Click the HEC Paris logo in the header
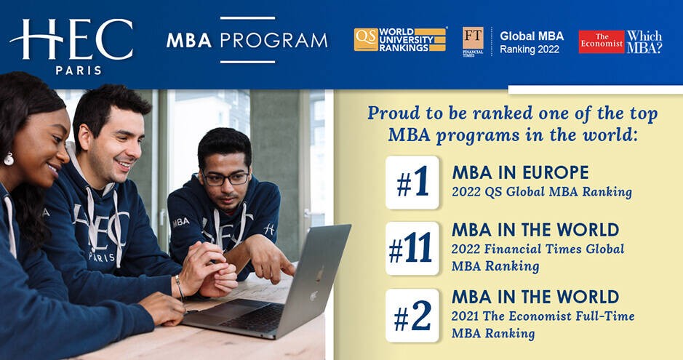pos(71,45)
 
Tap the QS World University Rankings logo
pos(400,39)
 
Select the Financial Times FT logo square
pos(473,39)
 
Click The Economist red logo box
pos(601,41)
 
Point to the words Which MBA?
pos(644,41)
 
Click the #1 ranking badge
pos(412,183)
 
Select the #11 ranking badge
pos(412,249)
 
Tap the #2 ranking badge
pos(412,316)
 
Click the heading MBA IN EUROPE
pos(520,173)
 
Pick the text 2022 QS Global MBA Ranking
pos(542,193)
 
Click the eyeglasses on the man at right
pos(227,178)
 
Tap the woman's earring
pos(9,158)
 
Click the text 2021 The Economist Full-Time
pos(543,316)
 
